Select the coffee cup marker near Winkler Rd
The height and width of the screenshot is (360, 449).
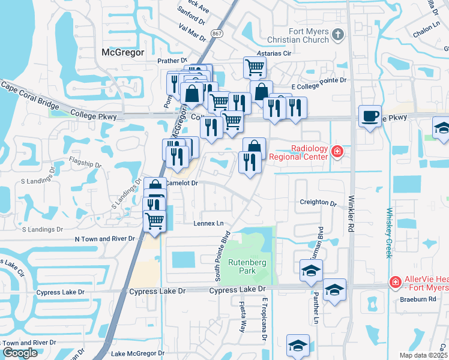point(370,116)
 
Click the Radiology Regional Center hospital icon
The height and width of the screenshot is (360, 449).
point(337,152)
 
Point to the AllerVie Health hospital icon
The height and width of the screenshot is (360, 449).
point(395,281)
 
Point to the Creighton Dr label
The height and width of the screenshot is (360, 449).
point(318,203)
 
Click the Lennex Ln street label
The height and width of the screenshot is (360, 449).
point(208,223)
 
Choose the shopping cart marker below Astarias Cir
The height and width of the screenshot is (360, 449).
point(255,67)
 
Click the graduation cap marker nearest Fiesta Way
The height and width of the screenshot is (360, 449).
point(298,346)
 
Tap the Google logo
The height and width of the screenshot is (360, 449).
point(20,353)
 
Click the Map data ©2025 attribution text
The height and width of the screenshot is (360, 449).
point(423,355)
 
